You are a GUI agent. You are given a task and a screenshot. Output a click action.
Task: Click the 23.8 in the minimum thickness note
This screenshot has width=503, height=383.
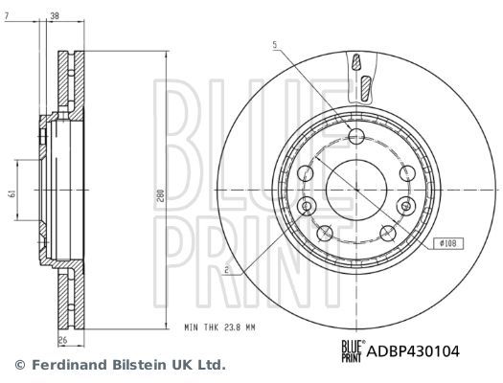tap(235, 327)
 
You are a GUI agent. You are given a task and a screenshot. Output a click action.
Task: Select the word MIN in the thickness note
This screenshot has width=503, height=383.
tap(193, 327)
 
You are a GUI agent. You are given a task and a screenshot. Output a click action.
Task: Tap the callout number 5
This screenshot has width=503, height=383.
tap(273, 44)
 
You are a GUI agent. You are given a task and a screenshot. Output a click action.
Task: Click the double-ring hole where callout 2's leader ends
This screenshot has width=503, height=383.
tap(307, 206)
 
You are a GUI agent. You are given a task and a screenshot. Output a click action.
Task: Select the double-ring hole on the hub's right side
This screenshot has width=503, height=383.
tap(405, 204)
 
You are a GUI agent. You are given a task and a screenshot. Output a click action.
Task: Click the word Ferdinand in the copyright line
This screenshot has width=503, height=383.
tap(64, 365)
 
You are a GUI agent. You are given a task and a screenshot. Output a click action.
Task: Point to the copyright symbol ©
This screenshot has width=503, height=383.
tap(16, 365)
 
